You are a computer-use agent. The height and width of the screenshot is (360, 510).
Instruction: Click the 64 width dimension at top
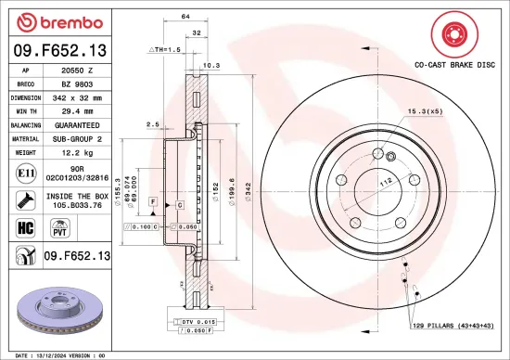coord(185,17)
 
